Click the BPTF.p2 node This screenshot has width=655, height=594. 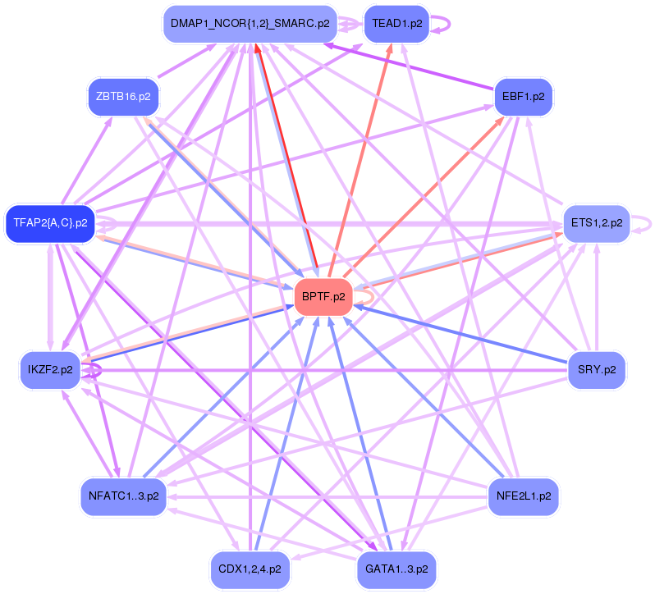click(323, 297)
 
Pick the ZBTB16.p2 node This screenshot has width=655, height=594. click(123, 97)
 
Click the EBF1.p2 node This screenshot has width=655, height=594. click(524, 97)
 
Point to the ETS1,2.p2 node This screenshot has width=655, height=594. click(595, 222)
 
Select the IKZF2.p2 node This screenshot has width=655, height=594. click(50, 369)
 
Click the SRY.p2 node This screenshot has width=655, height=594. click(597, 369)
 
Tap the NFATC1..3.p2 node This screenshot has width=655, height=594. click(123, 496)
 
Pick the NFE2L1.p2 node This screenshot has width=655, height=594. click(523, 496)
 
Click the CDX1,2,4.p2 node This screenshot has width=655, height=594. click(250, 568)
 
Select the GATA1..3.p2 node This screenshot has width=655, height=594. click(396, 568)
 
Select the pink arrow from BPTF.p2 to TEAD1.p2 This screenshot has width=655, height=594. click(361, 156)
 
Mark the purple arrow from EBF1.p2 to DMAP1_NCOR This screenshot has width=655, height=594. click(410, 66)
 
